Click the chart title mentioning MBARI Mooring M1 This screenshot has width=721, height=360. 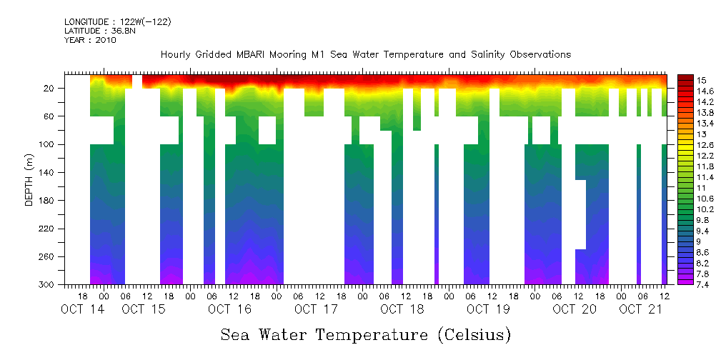[x=365, y=54]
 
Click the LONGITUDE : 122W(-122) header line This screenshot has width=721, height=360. [x=117, y=22]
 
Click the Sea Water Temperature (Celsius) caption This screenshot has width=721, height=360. [x=365, y=334]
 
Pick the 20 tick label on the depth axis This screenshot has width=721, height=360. [x=49, y=88]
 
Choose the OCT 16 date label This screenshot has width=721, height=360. [x=229, y=309]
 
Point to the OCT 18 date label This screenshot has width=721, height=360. [x=402, y=309]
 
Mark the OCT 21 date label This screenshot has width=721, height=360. [x=640, y=309]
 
